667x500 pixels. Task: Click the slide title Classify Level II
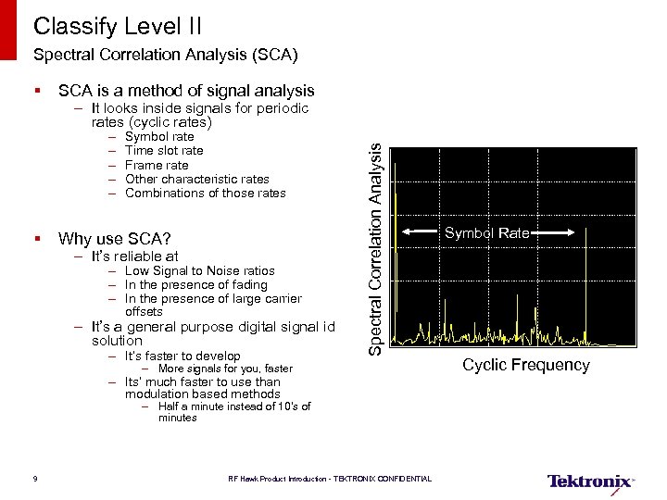117,25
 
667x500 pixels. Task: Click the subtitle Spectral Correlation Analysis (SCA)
165,55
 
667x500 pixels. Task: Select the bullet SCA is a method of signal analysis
185,91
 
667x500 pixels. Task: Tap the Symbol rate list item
159,137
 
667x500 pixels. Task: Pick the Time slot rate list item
164,151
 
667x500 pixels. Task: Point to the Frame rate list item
157,165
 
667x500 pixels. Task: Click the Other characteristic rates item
196,179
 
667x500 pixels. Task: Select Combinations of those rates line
205,193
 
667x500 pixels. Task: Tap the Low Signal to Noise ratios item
199,271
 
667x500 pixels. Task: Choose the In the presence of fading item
195,285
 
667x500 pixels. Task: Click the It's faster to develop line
182,356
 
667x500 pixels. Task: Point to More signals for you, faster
225,369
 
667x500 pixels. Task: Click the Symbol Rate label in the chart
485,233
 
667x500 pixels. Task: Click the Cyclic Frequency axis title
525,365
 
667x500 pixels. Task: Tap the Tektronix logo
590,481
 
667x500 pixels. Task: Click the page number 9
34,479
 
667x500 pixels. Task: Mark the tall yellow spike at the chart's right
585,278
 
